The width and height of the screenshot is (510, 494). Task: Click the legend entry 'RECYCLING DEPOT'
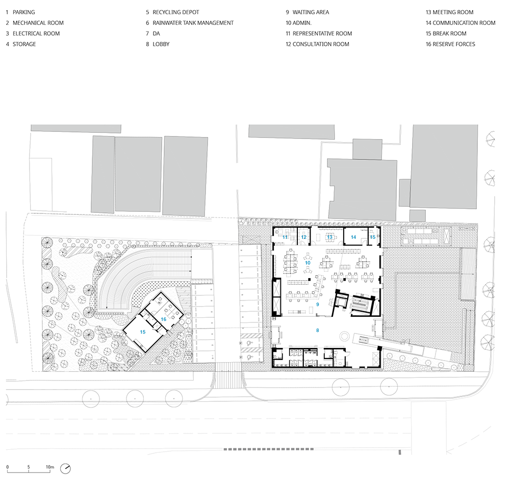(175, 12)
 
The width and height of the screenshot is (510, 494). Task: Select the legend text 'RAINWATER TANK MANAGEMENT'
(193, 23)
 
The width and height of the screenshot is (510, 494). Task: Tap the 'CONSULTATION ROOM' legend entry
(321, 44)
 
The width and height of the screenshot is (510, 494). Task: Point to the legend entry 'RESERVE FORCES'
(454, 44)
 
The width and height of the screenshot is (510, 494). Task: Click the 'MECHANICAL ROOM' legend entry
(38, 23)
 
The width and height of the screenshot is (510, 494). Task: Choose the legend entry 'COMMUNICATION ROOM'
(464, 23)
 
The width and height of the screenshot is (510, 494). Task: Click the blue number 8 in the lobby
(317, 331)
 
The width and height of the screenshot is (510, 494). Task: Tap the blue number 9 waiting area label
(317, 305)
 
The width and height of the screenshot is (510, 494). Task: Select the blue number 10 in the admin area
(308, 263)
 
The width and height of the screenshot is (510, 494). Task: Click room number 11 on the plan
(285, 237)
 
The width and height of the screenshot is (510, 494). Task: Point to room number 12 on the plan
(303, 237)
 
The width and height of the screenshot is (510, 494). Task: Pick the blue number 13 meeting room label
(330, 237)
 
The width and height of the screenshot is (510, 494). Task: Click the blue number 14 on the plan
(353, 237)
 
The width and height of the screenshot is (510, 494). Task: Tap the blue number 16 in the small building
(163, 319)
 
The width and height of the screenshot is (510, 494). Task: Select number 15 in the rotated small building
(142, 332)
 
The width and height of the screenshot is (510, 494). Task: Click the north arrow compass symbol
(65, 469)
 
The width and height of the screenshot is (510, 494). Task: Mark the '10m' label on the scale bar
(50, 467)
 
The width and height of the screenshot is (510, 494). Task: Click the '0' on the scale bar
(8, 467)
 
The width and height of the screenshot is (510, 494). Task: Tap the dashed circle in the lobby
(344, 336)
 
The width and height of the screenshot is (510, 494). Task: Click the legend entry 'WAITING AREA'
(311, 12)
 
